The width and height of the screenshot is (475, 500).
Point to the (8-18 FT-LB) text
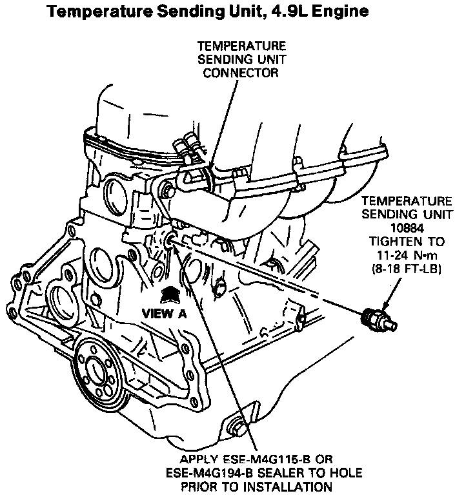(x=406, y=269)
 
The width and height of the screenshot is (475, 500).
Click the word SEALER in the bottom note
(x=283, y=473)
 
